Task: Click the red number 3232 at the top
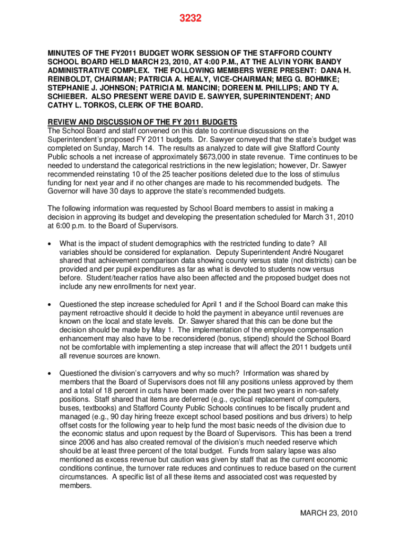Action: click(188, 18)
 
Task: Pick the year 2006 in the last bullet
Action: click(84, 443)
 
